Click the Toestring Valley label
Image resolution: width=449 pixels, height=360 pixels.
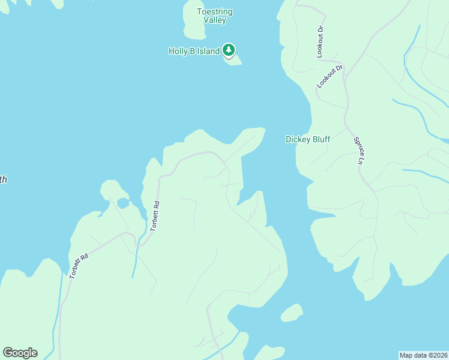pyautogui.click(x=214, y=16)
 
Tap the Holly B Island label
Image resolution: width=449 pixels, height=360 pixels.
pyautogui.click(x=194, y=51)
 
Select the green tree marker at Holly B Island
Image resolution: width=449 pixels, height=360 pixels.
pyautogui.click(x=228, y=49)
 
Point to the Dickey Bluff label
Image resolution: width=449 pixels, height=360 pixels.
pyautogui.click(x=307, y=140)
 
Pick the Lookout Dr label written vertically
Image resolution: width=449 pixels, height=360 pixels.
pyautogui.click(x=321, y=41)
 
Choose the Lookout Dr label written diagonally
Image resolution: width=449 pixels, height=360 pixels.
pyautogui.click(x=330, y=77)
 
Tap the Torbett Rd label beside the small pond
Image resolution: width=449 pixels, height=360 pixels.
pyautogui.click(x=155, y=216)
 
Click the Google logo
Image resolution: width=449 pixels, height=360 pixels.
pyautogui.click(x=20, y=353)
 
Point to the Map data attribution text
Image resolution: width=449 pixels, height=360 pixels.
pyautogui.click(x=423, y=355)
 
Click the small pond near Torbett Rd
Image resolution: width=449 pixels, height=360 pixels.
pyautogui.click(x=123, y=203)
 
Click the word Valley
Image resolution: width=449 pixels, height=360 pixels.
pyautogui.click(x=214, y=20)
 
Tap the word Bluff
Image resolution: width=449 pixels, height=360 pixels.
pyautogui.click(x=321, y=140)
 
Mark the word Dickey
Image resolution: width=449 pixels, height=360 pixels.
pyautogui.click(x=297, y=140)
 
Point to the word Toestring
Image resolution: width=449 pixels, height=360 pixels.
pyautogui.click(x=214, y=11)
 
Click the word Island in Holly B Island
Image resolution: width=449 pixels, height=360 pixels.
pyautogui.click(x=208, y=51)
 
